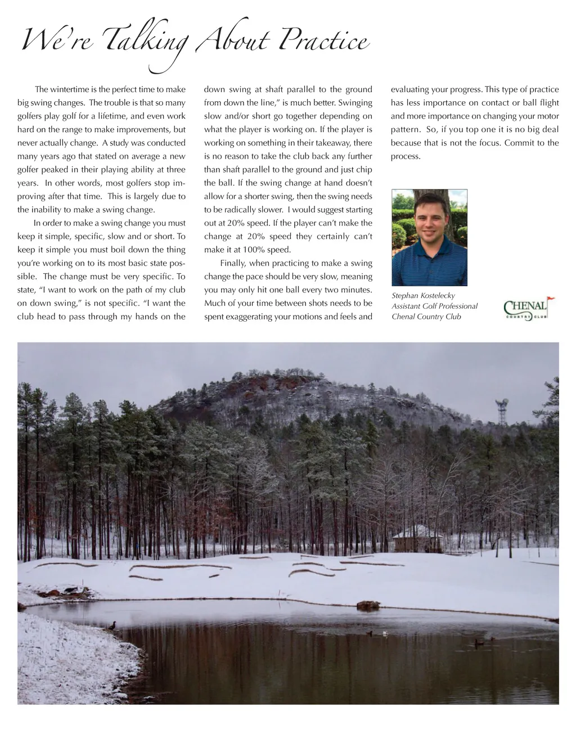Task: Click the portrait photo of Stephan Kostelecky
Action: click(429, 237)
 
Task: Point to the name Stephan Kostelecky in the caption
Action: click(423, 295)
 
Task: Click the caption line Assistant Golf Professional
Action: click(434, 306)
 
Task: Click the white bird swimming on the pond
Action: click(385, 633)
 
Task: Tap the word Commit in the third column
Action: click(519, 143)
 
